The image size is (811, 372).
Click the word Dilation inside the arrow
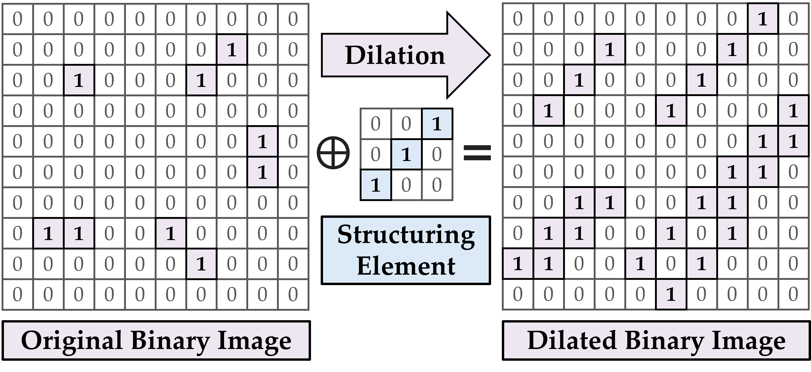pyautogui.click(x=395, y=55)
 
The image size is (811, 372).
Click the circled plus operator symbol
pyautogui.click(x=333, y=153)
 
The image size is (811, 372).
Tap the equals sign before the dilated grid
pyautogui.click(x=477, y=153)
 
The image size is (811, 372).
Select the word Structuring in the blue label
pyautogui.click(x=406, y=235)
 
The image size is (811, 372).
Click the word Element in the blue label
pyautogui.click(x=406, y=266)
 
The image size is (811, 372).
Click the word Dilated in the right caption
pyautogui.click(x=572, y=341)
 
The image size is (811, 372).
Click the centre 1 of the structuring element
pyautogui.click(x=406, y=154)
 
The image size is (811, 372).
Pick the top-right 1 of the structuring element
pyautogui.click(x=437, y=124)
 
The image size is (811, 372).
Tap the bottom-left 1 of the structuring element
pyautogui.click(x=376, y=185)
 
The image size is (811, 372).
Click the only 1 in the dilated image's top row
pyautogui.click(x=762, y=19)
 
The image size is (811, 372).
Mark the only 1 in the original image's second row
pyautogui.click(x=232, y=50)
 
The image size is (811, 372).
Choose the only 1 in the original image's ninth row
pyautogui.click(x=201, y=264)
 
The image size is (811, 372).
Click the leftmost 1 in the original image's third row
pyautogui.click(x=78, y=80)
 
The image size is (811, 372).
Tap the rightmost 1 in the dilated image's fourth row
pyautogui.click(x=793, y=111)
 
